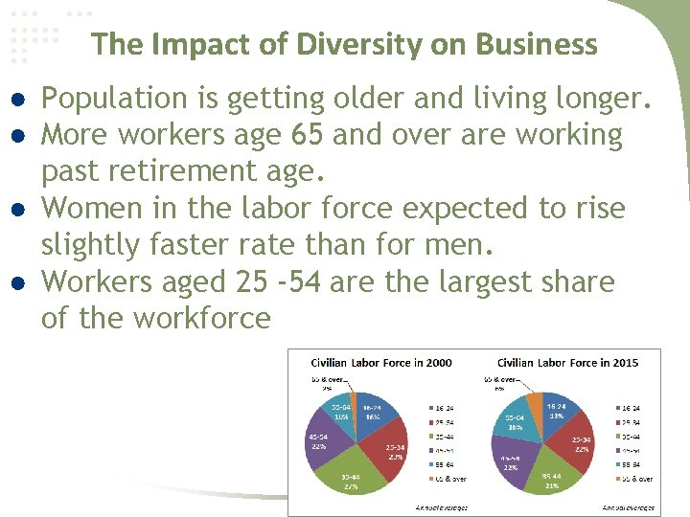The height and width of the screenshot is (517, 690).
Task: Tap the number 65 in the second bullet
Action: (x=307, y=135)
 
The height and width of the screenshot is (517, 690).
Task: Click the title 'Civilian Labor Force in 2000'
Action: (x=381, y=363)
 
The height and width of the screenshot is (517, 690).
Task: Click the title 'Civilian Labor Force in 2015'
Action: (x=567, y=363)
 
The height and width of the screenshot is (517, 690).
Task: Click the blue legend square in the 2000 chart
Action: (x=430, y=407)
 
